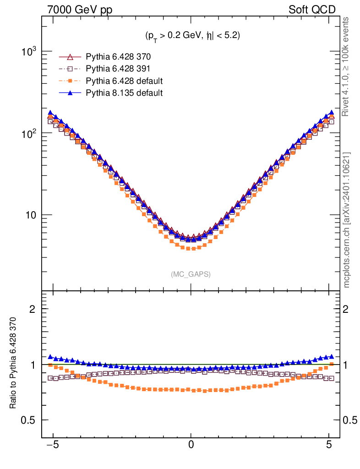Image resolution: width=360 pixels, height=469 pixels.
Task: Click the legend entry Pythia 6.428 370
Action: click(118, 57)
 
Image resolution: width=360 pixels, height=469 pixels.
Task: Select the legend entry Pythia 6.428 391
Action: click(118, 69)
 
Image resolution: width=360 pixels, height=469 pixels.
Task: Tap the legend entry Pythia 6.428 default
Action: click(124, 81)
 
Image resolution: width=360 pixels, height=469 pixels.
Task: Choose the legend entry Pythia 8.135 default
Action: click(124, 93)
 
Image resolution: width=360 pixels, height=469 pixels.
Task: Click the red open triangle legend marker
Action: click(70, 57)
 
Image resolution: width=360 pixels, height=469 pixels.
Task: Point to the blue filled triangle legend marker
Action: click(70, 93)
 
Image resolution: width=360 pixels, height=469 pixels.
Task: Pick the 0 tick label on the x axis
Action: click(191, 445)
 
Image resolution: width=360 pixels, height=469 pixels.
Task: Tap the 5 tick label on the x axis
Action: click(329, 445)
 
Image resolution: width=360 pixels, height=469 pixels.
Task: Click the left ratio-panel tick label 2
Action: click(33, 309)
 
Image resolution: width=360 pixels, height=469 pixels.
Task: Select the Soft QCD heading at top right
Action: click(312, 10)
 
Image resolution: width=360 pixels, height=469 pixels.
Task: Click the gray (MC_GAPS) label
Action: click(191, 274)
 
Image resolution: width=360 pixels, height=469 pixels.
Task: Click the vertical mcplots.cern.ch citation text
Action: click(347, 220)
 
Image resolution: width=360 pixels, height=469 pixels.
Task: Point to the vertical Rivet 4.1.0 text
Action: click(347, 66)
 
